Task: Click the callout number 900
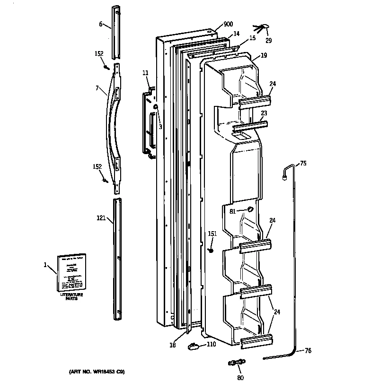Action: tap(229, 25)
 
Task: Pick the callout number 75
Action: tap(303, 164)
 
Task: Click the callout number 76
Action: tap(308, 350)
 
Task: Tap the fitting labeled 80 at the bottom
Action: tap(235, 363)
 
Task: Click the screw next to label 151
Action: tap(212, 250)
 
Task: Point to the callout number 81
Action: tap(232, 211)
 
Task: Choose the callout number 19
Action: tap(264, 55)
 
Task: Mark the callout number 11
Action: tap(145, 73)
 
